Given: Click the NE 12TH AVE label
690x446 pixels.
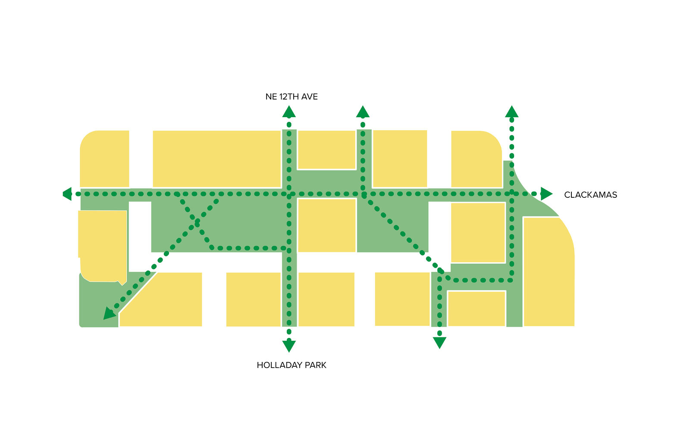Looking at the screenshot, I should point(292,97).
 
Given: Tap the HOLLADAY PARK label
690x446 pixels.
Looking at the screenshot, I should point(292,365).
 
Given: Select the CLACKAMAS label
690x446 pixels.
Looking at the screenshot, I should point(590,195).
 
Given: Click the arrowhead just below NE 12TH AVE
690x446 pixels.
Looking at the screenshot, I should point(289,112).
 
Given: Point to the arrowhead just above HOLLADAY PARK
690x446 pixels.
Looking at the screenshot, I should point(289,346).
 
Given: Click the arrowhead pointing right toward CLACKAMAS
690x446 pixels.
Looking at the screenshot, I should point(546,194).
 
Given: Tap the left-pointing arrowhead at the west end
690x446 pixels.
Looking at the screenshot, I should point(67,194).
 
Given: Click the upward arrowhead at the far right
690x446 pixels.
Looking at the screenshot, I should point(511,112).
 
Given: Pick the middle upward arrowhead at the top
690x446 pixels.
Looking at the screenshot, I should point(363,112).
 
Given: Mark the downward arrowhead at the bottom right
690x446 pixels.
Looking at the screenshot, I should point(439,343).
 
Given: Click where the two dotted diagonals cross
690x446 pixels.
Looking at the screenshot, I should point(197,222).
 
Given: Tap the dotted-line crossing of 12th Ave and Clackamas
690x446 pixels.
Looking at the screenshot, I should point(289,194).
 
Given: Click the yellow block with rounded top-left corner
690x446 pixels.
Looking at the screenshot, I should point(105,159).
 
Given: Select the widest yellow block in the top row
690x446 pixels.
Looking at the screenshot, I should point(216,159).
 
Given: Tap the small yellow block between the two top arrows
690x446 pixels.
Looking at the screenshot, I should point(326,149).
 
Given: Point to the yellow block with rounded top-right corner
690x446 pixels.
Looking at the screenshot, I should point(476,159).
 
